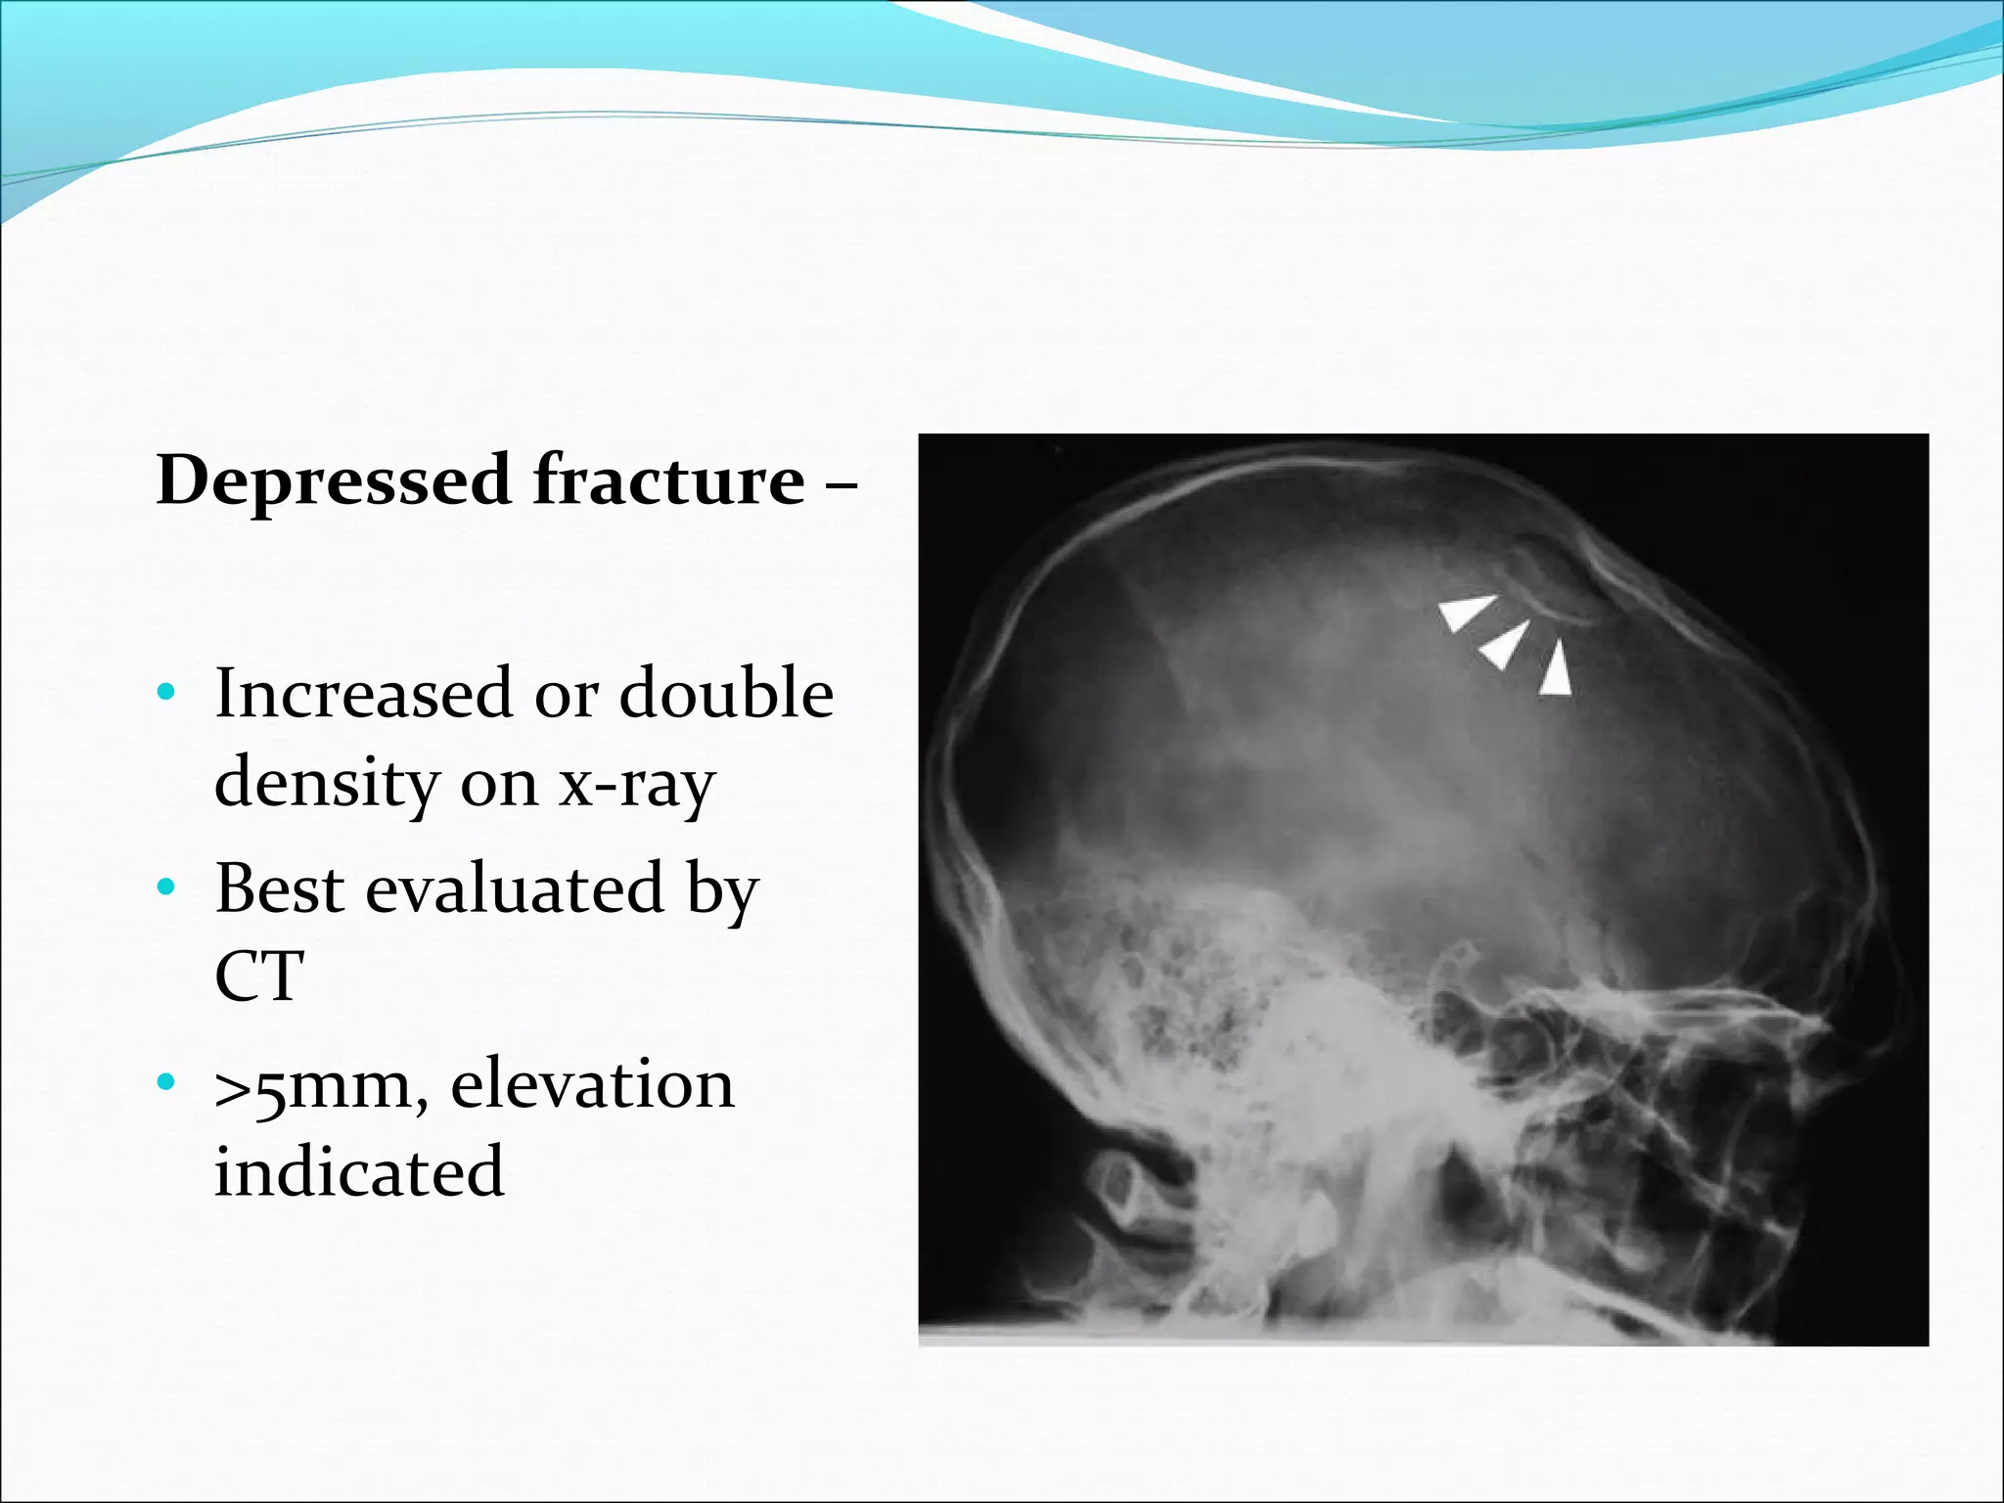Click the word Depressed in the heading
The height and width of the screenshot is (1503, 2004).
click(x=334, y=481)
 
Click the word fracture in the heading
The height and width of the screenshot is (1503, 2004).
click(x=668, y=481)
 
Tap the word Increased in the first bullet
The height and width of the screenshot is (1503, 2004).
click(x=363, y=694)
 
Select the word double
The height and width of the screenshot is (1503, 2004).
click(x=726, y=694)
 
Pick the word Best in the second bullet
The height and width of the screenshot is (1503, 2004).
click(x=280, y=888)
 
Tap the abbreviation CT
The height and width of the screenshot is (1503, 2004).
click(x=259, y=977)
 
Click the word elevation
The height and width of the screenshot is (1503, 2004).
click(x=592, y=1084)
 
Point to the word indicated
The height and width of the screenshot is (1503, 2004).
click(x=359, y=1171)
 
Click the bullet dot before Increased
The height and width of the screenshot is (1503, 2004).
click(x=166, y=694)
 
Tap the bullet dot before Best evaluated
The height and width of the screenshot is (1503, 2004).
click(x=166, y=888)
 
